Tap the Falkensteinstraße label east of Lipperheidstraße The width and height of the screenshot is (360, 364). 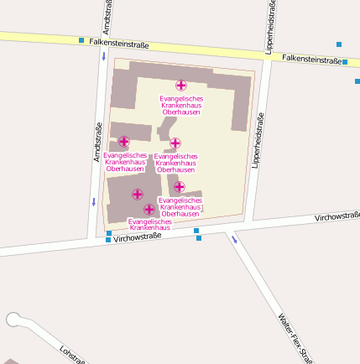[x=312, y=59]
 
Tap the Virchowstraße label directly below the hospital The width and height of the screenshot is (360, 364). [x=138, y=237]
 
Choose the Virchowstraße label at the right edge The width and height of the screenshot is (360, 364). [x=337, y=216]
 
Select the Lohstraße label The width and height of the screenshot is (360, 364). [x=73, y=354]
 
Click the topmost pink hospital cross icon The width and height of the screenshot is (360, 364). [x=180, y=85]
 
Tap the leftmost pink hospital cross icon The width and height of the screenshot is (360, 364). [x=124, y=142]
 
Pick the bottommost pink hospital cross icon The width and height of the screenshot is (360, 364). [x=149, y=210]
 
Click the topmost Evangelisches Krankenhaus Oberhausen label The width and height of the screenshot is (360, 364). [x=181, y=105]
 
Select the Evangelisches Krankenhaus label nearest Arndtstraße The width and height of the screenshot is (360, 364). [x=125, y=161]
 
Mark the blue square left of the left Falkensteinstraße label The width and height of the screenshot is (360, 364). [x=81, y=40]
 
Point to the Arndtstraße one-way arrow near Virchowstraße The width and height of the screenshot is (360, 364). [x=94, y=201]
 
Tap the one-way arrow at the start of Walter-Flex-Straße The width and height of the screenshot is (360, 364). [x=234, y=238]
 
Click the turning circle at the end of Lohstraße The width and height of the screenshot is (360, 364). [x=13, y=319]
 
